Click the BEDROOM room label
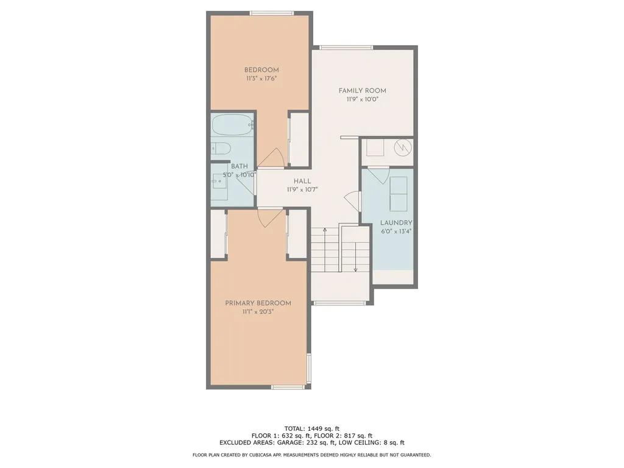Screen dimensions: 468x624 coord(261,69)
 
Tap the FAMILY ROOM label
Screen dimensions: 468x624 coord(363,91)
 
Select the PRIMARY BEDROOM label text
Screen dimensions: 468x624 coord(258,303)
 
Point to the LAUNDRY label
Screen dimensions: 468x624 coord(396,223)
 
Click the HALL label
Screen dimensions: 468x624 coord(302,181)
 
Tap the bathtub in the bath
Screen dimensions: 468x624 coord(232,126)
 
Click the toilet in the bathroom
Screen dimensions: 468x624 coord(220,148)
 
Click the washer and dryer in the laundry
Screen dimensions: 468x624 coord(399,193)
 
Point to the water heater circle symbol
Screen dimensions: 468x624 coord(402,147)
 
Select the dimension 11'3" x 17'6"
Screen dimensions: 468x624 coord(261,79)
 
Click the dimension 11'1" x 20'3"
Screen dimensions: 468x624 coord(258,312)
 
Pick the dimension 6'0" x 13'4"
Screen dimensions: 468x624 coord(396,232)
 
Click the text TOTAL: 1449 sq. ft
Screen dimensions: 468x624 coord(311,428)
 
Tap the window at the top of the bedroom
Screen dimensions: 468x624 coord(272,13)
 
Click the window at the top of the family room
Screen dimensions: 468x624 coord(346,47)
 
